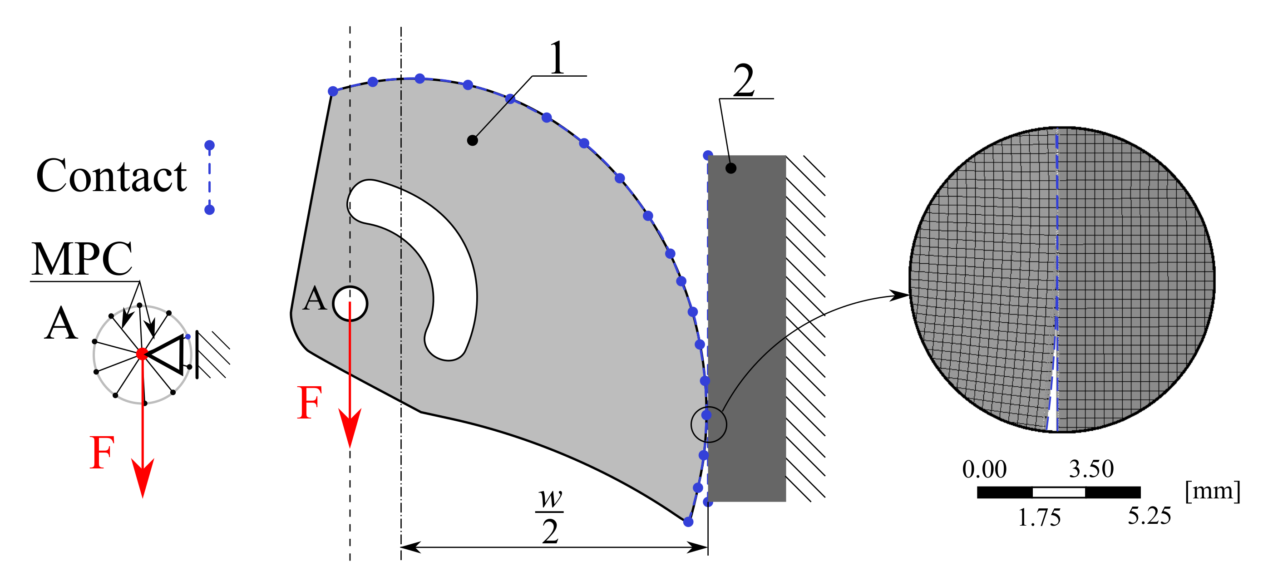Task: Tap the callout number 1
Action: (x=558, y=58)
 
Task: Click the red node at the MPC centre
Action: (x=142, y=353)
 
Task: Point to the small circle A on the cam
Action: (x=350, y=303)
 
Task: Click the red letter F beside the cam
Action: (x=310, y=403)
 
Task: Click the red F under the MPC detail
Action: (x=102, y=453)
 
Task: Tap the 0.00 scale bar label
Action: (x=984, y=469)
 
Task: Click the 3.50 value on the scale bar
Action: (x=1091, y=468)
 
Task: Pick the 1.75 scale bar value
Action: (x=1039, y=517)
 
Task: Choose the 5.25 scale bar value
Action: (x=1149, y=516)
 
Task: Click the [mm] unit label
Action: (x=1212, y=491)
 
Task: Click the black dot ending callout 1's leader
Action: (x=473, y=140)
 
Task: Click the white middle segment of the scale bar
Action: (x=1059, y=492)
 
